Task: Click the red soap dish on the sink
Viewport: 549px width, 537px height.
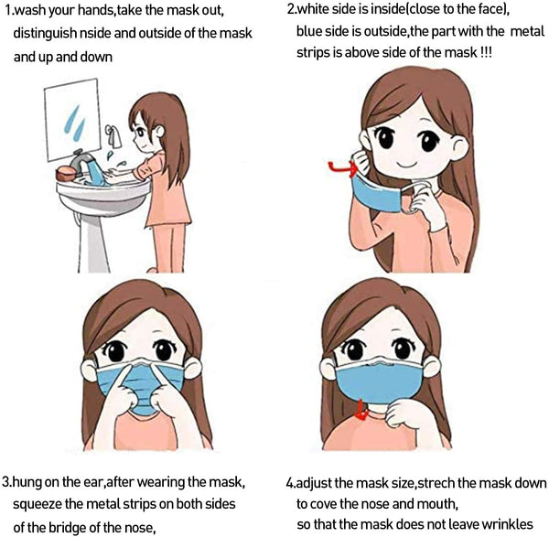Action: (66, 173)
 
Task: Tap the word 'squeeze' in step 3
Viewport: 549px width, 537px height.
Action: (38, 503)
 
